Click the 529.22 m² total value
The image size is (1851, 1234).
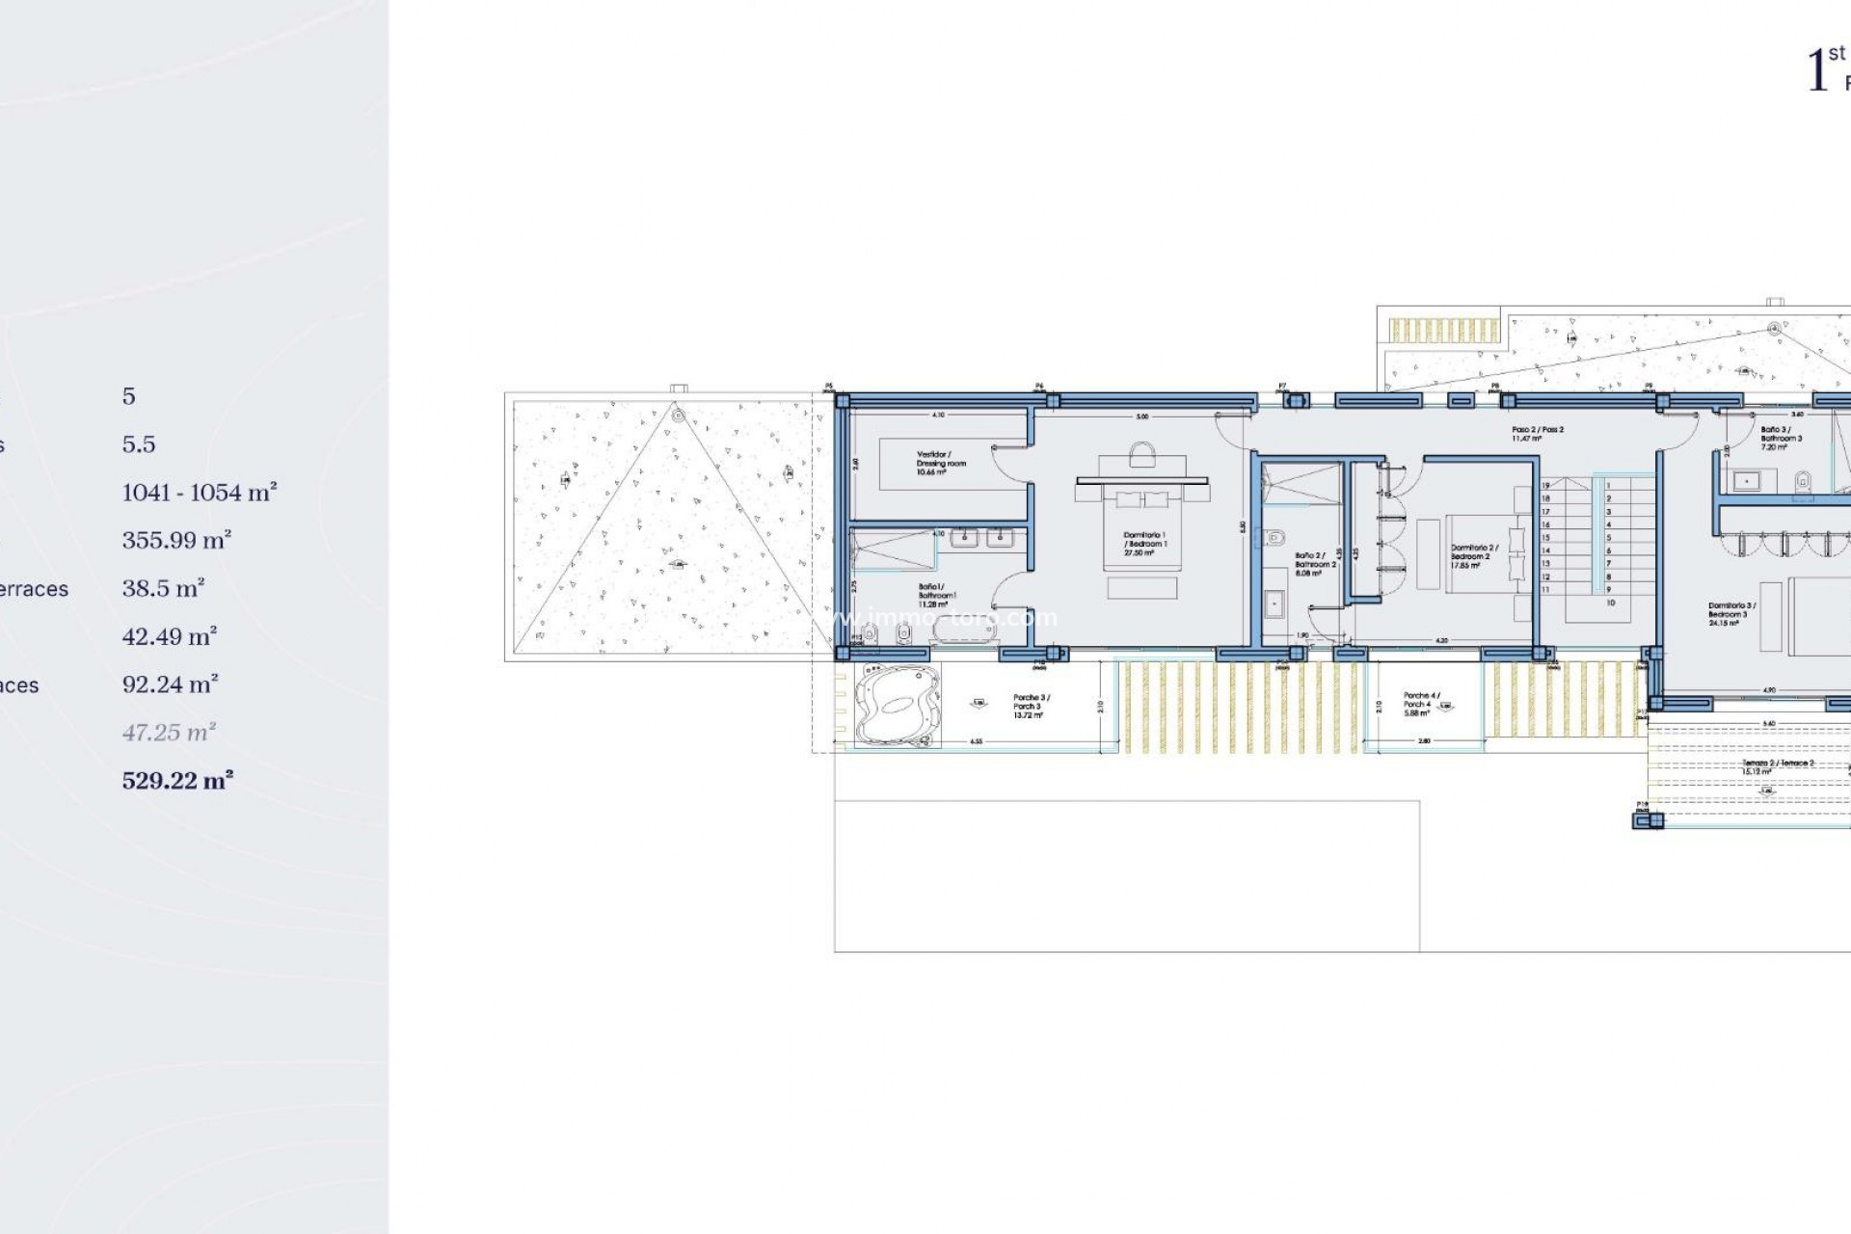177,780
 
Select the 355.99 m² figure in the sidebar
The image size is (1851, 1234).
176,540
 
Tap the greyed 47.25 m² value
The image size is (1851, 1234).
169,733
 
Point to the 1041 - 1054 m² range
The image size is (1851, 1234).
199,493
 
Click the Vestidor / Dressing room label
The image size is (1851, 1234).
933,463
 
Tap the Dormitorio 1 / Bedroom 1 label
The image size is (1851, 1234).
1144,544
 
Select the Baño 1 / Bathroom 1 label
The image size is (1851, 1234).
936,595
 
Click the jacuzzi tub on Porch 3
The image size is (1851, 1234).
898,706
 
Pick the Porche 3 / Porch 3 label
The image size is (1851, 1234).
1031,706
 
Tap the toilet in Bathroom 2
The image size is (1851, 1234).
1276,537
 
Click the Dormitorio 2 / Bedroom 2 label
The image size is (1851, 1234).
1474,556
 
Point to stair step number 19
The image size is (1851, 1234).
1545,486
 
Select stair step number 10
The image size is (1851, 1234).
1610,603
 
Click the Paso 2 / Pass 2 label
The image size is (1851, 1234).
1538,434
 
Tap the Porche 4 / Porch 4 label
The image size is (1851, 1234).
1420,704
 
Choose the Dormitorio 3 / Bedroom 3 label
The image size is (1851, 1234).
1731,614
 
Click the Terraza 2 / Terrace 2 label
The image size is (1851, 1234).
1777,766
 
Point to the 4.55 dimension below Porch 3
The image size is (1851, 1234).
976,741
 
